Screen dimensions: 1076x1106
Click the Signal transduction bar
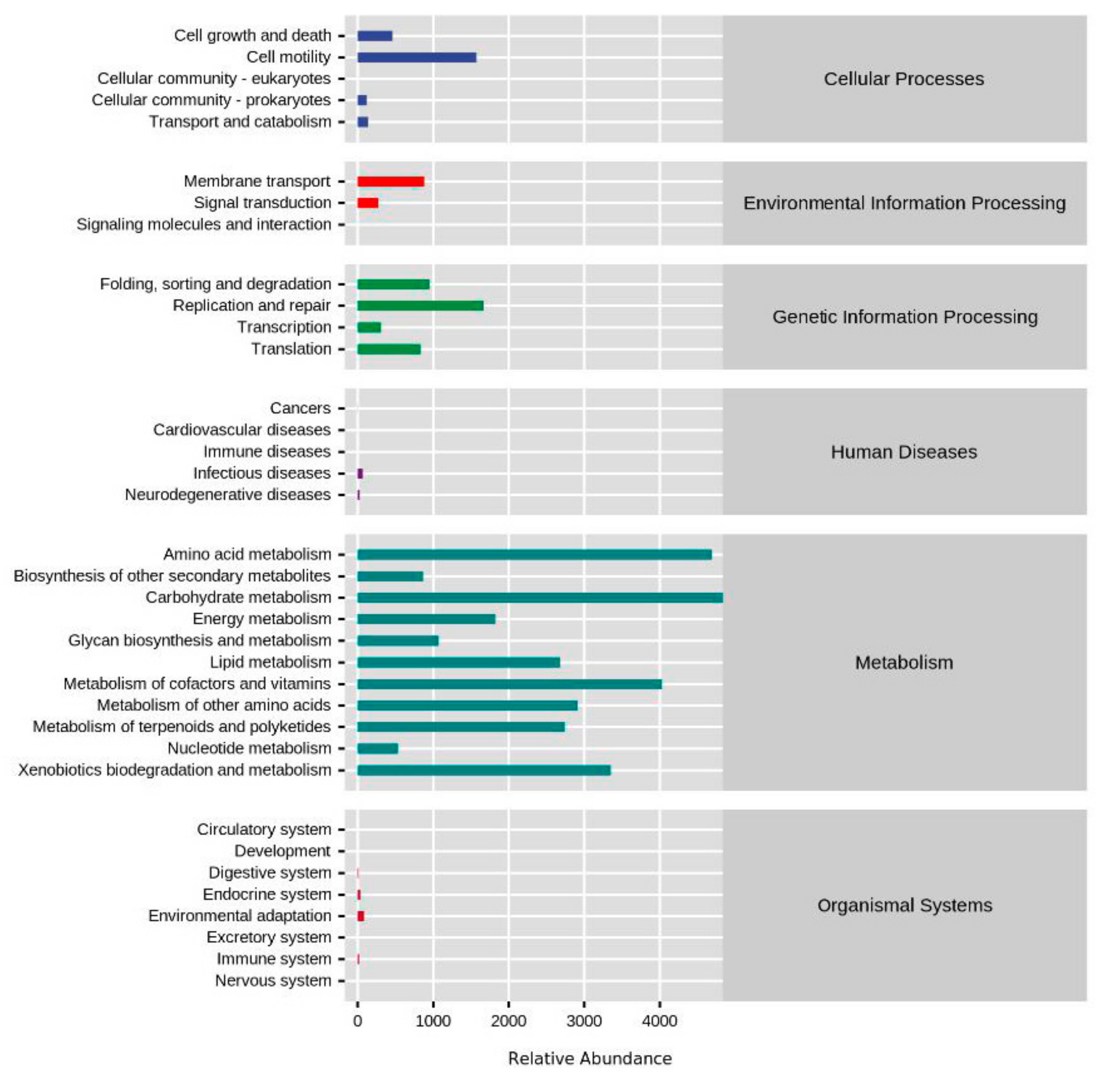point(368,203)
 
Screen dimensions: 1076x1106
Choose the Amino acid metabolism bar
point(534,554)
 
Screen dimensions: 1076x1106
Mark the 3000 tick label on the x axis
point(584,1021)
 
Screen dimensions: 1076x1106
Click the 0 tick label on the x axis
point(357,1021)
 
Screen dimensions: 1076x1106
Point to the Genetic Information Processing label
point(905,317)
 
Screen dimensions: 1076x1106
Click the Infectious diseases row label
point(262,473)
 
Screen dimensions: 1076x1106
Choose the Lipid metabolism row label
point(270,662)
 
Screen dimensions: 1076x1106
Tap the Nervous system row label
point(273,980)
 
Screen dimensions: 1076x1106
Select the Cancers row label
point(300,408)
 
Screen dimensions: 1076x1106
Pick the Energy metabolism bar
point(426,619)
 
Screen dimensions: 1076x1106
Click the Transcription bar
point(369,327)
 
